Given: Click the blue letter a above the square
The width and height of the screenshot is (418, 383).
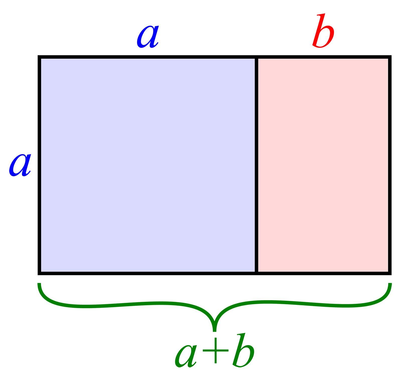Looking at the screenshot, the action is tap(148, 37).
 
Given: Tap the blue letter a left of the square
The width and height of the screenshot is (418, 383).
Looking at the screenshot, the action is tap(20, 165).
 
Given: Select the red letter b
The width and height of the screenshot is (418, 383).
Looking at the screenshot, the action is tap(323, 31).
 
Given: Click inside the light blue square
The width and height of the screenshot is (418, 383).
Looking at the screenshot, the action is tap(148, 165).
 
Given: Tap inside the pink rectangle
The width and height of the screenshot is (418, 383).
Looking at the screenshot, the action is tap(323, 165).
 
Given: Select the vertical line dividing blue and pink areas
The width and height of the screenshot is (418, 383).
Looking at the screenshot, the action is tap(257, 165).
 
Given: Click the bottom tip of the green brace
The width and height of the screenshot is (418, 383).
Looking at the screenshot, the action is tap(214, 331).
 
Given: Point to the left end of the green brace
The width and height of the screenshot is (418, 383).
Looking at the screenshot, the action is tap(39, 284).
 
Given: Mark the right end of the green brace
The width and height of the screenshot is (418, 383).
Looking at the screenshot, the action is tap(390, 284).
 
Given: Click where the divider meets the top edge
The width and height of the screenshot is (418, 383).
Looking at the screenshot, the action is tap(257, 57).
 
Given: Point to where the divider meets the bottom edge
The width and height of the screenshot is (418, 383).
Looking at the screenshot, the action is tap(257, 273).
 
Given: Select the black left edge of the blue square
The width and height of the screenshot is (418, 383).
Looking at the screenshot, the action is tap(39, 165).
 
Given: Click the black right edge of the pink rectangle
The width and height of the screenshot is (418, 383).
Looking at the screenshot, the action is tap(390, 165).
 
